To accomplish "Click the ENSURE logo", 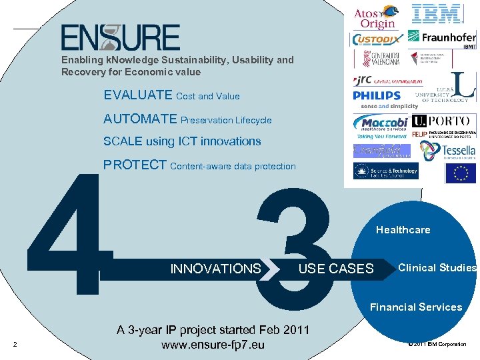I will (121, 37).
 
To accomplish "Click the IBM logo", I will (437, 13).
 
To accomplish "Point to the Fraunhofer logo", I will (441, 37).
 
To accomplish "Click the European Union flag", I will (460, 173).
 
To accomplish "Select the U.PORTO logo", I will (443, 121).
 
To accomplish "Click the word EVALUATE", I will (138, 95).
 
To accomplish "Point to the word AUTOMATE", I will (141, 119).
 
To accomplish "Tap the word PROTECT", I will (135, 165).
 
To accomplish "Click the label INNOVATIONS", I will (215, 269).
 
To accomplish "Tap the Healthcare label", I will (403, 230).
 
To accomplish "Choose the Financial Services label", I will (415, 307).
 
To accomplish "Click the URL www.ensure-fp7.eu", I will (213, 345).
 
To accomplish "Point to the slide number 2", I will (15, 345).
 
